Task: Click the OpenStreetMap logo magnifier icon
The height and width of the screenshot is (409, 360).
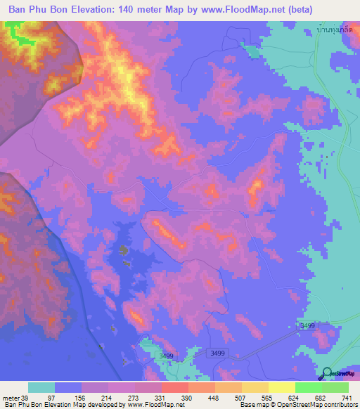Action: (x=327, y=373)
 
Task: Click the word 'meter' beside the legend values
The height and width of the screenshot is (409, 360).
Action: (x=10, y=397)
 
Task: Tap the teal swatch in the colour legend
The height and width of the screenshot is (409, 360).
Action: (x=41, y=387)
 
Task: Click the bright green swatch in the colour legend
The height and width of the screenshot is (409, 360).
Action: (x=308, y=387)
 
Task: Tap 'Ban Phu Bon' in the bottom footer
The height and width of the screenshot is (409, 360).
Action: (x=20, y=405)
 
